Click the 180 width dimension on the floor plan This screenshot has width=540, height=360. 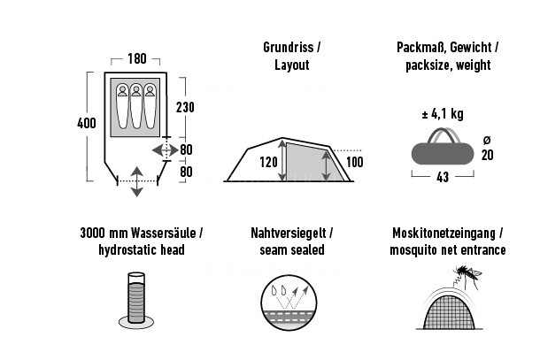[136, 59]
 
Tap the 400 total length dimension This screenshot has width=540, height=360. [87, 123]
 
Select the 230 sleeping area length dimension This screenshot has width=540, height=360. [185, 107]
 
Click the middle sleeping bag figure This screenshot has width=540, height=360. [136, 105]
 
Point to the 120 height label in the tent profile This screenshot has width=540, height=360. [268, 162]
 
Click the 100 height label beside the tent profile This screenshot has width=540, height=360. [354, 162]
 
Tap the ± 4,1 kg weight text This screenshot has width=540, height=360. [443, 114]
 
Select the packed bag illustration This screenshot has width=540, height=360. [443, 147]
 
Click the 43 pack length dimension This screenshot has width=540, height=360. [443, 177]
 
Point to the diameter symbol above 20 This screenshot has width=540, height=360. [487, 140]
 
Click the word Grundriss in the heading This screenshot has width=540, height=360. [289, 48]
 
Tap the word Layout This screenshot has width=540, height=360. [292, 65]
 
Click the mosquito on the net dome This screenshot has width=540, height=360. [467, 276]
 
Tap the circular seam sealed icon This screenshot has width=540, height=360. [289, 303]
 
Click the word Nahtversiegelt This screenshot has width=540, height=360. [289, 234]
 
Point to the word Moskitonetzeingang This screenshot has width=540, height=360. [444, 234]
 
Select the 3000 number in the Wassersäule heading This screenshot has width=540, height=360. [93, 233]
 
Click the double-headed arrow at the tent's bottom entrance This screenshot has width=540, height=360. [136, 181]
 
